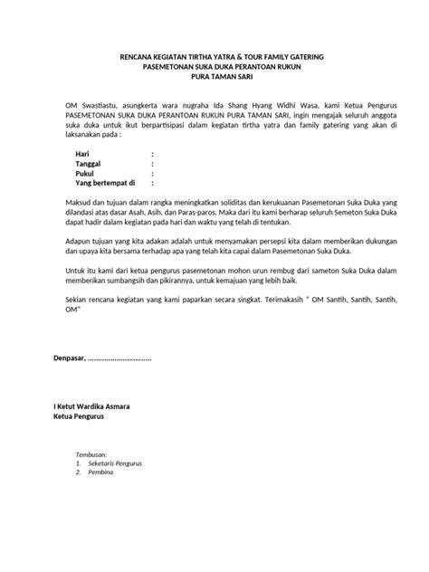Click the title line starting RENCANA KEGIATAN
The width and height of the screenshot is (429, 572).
click(x=214, y=57)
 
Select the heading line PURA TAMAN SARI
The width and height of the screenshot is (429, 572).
click(x=214, y=79)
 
